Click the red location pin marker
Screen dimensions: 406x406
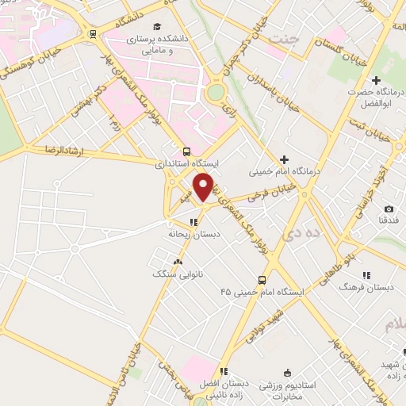coord(204,186)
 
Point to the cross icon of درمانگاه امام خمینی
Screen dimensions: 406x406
coord(284,159)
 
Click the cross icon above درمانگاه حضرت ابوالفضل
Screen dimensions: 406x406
coord(376,80)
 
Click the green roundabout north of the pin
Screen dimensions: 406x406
coord(215,93)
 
